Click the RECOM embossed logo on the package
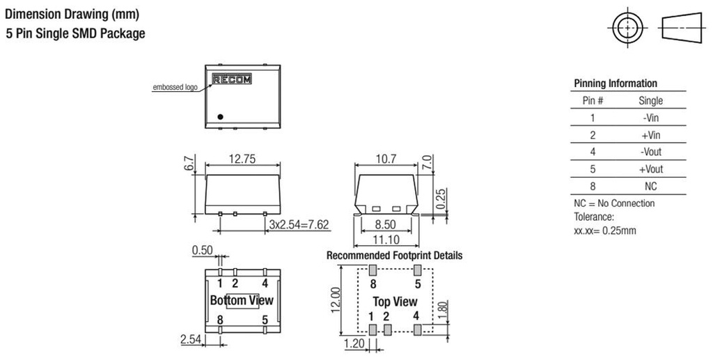[x=232, y=79]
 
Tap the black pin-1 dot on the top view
[x=221, y=116]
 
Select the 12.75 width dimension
[x=242, y=159]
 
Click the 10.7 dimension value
[x=386, y=159]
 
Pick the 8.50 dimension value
[x=385, y=224]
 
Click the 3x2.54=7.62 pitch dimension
[x=299, y=224]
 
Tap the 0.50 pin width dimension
[x=203, y=250]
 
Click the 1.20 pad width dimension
[x=354, y=343]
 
